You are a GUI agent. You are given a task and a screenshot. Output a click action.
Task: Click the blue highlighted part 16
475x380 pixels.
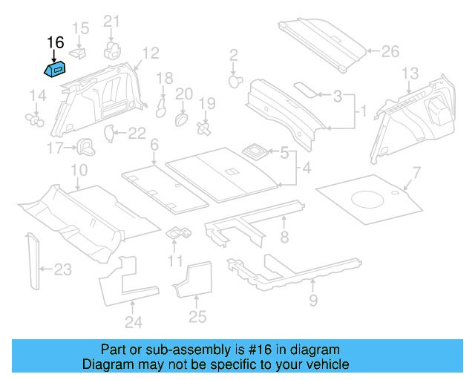click(53, 70)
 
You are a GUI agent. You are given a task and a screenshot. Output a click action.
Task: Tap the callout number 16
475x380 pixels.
click(56, 42)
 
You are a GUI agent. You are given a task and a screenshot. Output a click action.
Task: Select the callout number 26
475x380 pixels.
click(390, 52)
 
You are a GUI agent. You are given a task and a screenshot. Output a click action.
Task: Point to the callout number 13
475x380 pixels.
click(410, 73)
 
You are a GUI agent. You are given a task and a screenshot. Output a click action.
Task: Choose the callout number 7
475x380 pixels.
click(416, 174)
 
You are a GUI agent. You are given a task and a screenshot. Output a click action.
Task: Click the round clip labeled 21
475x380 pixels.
click(113, 48)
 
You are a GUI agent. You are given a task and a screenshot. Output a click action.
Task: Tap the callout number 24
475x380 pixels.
click(133, 322)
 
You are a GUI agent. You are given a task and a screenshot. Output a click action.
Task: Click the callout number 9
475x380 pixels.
click(312, 300)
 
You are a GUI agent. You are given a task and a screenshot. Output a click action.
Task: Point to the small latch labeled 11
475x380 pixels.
click(179, 233)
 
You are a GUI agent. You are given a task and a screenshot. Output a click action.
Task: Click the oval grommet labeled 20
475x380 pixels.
click(180, 118)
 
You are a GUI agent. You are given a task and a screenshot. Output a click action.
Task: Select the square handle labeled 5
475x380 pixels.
click(256, 152)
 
